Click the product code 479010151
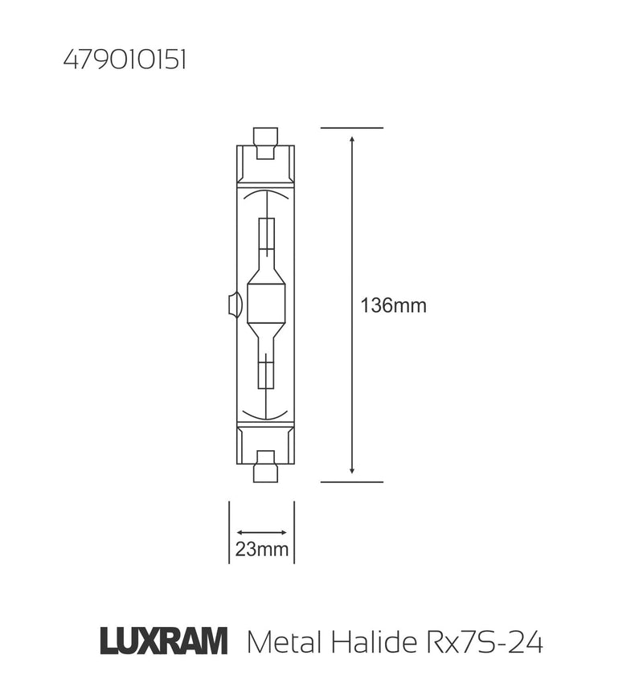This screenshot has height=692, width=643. coord(124,62)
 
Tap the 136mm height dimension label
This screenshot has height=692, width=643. coord(393,305)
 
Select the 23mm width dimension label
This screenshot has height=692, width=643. coord(261,551)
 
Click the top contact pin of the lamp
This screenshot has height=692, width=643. coord(264,136)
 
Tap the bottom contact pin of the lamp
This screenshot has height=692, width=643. coord(264,473)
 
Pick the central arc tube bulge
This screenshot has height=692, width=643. coord(265,305)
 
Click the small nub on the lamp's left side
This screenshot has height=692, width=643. coord(233,305)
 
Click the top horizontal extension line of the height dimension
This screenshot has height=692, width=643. coord(352,128)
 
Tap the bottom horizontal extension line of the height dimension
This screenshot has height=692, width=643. coord(352,482)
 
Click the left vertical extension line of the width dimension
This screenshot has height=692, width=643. coord(230,530)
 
